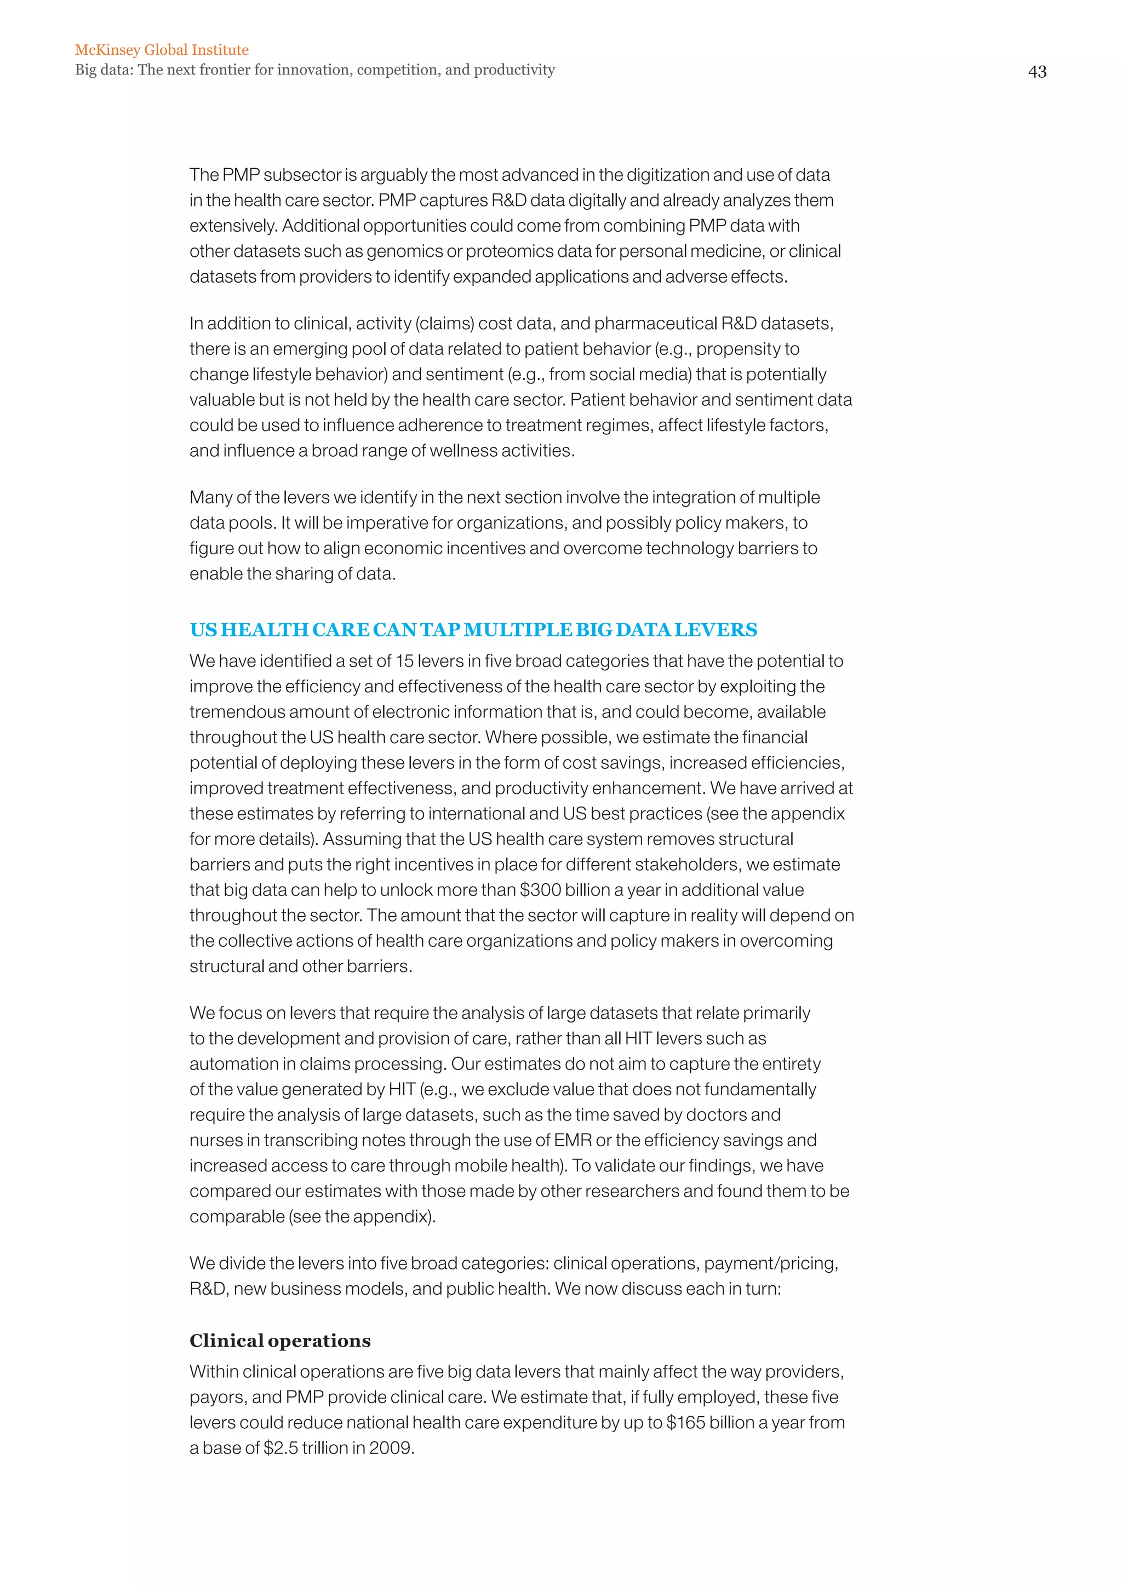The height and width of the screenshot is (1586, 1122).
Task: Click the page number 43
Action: [1037, 72]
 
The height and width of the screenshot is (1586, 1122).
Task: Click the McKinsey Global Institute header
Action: [162, 50]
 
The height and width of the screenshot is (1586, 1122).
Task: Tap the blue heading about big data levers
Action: [473, 630]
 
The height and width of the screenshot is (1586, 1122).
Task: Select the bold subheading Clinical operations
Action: [280, 1341]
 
